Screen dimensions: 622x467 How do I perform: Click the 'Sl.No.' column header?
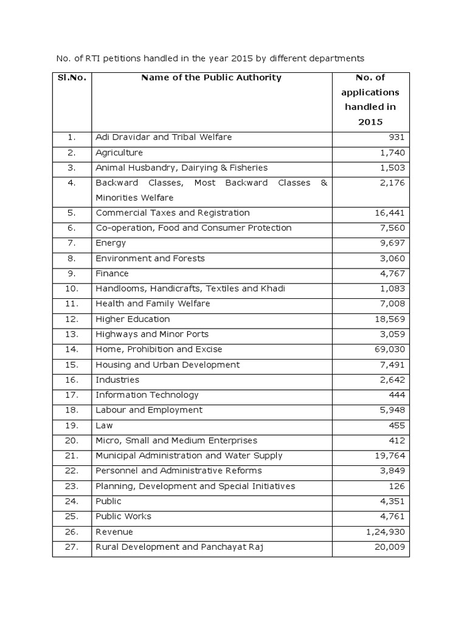(x=72, y=78)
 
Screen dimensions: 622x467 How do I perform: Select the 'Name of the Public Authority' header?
(x=211, y=78)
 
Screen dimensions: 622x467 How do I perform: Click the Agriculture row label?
(x=119, y=152)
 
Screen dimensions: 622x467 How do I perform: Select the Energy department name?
(x=111, y=244)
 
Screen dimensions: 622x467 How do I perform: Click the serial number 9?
(x=72, y=274)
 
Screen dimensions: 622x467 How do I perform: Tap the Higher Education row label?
(x=133, y=320)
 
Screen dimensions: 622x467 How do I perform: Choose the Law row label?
(x=104, y=426)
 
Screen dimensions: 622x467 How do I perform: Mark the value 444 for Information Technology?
(x=396, y=395)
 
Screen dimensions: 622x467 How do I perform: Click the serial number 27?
(x=72, y=547)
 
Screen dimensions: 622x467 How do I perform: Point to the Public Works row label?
(x=123, y=517)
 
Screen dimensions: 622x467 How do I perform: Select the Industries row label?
(x=117, y=380)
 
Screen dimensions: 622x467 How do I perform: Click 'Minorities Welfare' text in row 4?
(x=134, y=198)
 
